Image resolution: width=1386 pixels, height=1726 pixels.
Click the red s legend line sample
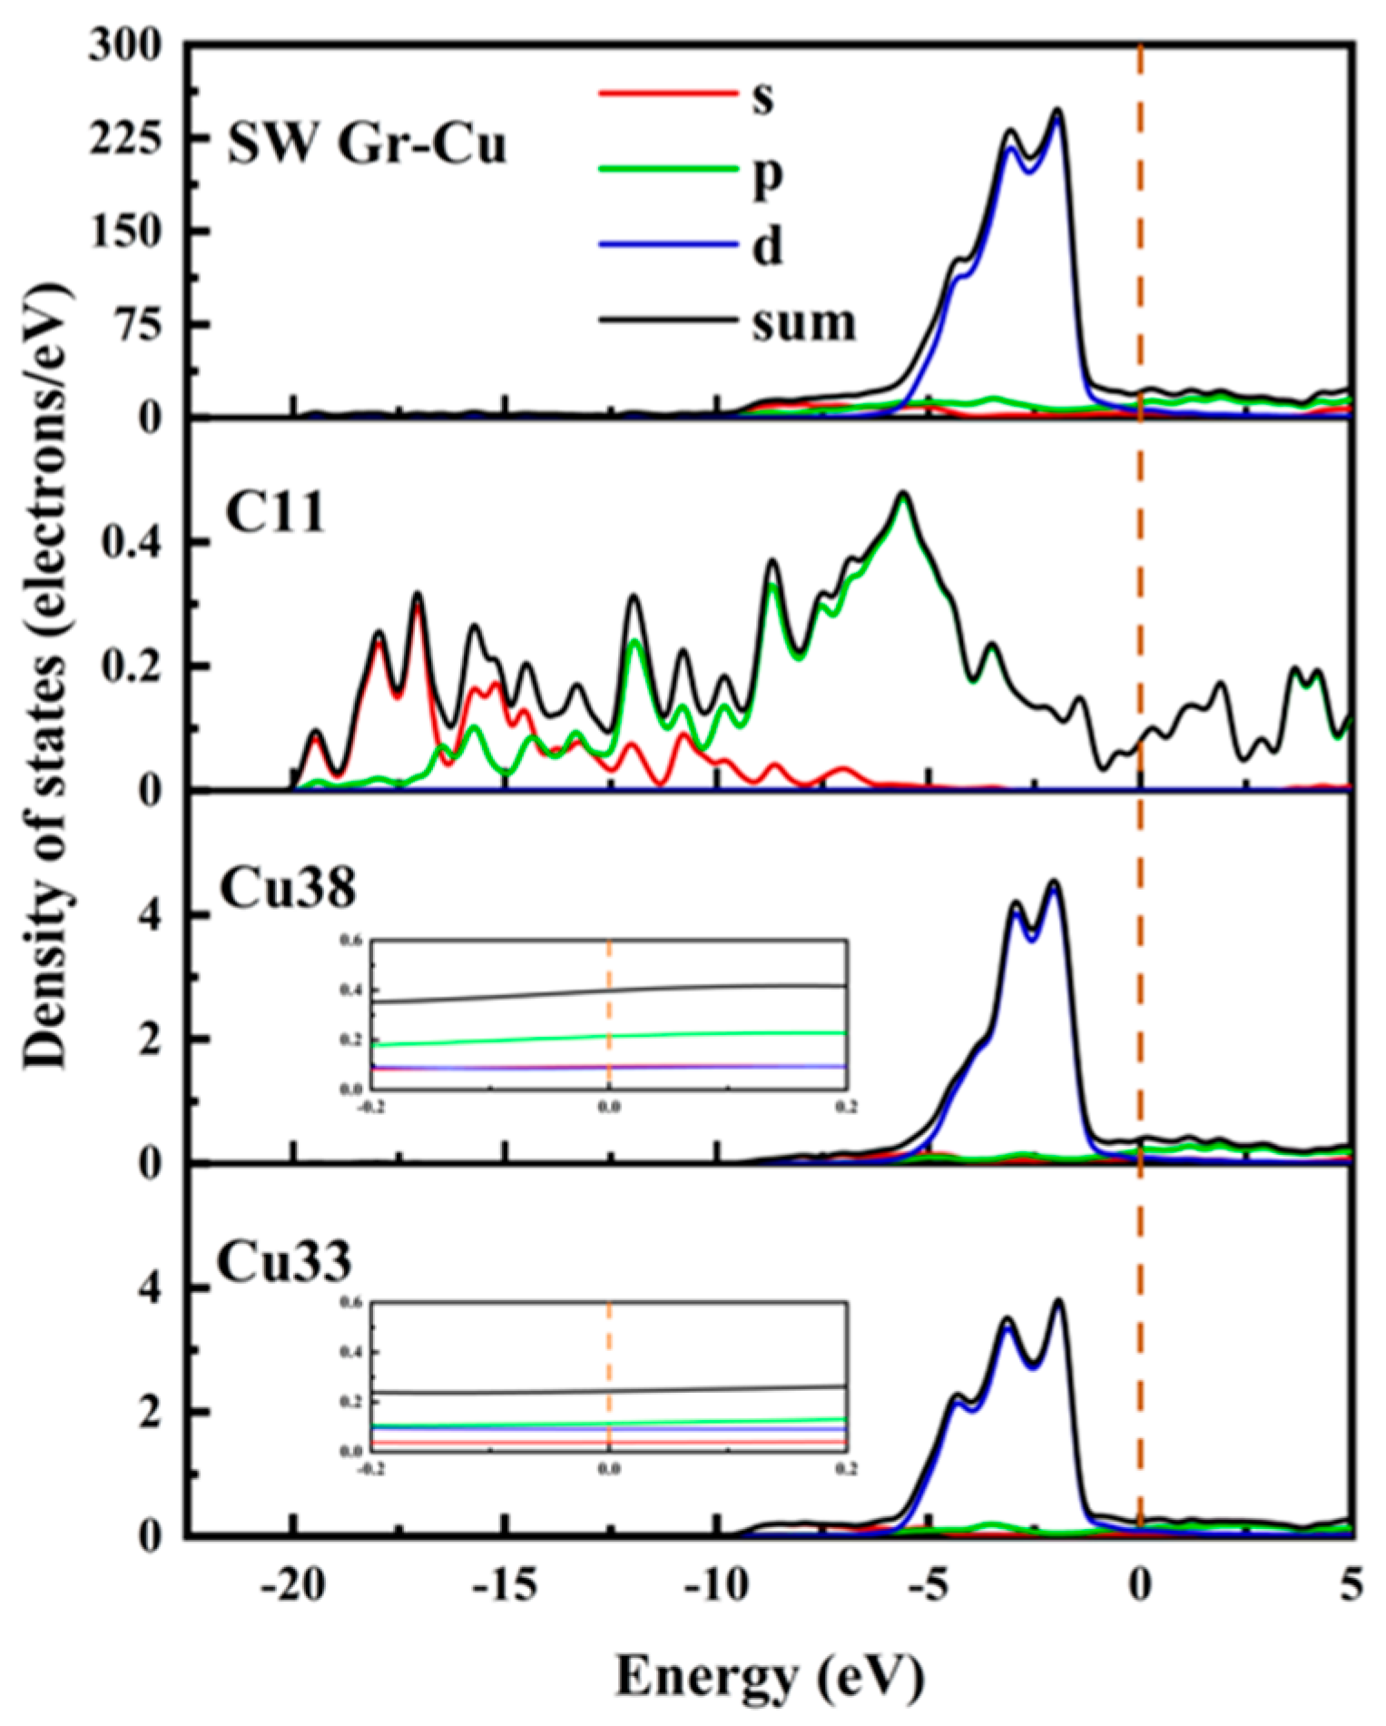[667, 93]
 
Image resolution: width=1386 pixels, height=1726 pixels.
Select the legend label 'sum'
[803, 322]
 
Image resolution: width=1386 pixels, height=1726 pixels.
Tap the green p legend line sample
[667, 169]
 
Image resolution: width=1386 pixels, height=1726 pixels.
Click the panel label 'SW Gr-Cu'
[366, 144]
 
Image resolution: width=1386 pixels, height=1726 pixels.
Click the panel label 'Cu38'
[288, 889]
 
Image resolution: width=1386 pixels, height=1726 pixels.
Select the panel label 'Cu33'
[284, 1261]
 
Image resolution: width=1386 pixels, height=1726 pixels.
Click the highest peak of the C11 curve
[902, 494]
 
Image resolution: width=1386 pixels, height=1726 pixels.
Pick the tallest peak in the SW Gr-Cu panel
[1057, 111]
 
